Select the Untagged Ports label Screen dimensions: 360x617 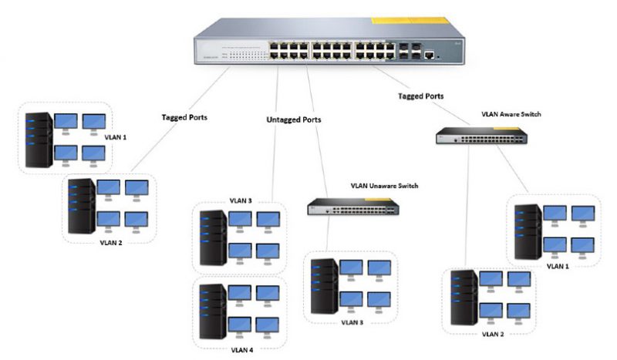point(294,120)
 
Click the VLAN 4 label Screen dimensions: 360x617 point(241,349)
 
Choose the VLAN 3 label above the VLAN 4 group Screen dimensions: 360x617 point(241,200)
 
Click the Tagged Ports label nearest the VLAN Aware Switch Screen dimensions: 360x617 point(420,97)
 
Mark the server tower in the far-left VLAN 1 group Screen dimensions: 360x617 point(36,140)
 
